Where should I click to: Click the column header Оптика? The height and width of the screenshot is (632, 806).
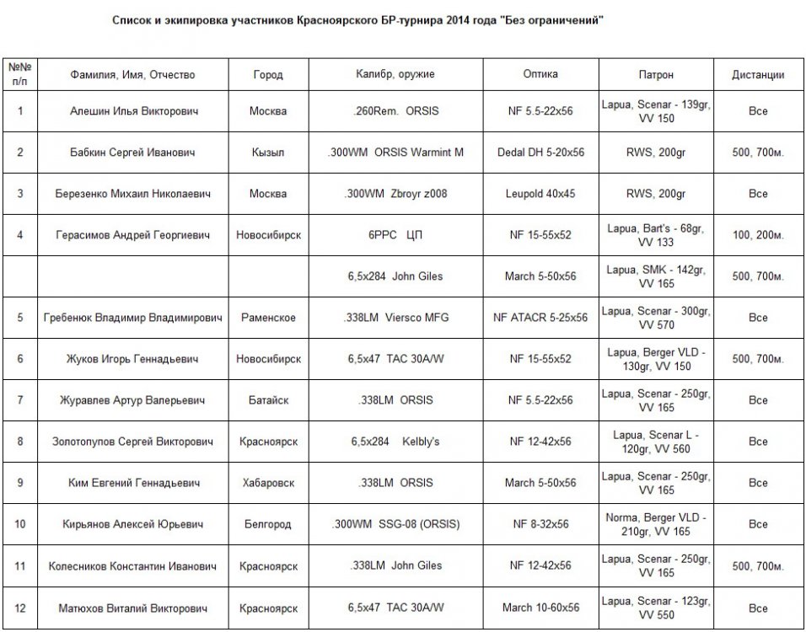click(x=540, y=74)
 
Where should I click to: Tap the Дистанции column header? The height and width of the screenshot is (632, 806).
click(x=758, y=75)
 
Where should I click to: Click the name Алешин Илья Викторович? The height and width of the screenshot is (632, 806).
click(x=132, y=111)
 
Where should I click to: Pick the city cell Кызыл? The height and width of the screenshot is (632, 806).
click(x=268, y=153)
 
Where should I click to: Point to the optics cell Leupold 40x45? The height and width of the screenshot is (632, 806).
click(x=540, y=194)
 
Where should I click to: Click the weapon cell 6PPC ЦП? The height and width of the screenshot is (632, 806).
click(x=395, y=235)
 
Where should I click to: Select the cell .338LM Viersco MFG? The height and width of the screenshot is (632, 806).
click(x=395, y=318)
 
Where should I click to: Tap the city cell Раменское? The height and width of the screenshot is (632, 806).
click(x=268, y=318)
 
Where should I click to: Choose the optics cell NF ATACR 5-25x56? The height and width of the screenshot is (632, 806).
click(x=540, y=318)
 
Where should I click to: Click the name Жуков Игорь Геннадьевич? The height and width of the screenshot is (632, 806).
click(x=132, y=359)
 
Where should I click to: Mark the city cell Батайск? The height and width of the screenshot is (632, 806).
click(x=268, y=400)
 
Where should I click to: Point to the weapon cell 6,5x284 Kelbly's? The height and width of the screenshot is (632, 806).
click(x=395, y=442)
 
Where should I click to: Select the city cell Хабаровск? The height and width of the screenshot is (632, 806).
click(x=268, y=483)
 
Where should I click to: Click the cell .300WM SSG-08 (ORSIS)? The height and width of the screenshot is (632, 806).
click(x=395, y=524)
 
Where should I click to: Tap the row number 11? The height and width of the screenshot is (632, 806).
click(x=20, y=565)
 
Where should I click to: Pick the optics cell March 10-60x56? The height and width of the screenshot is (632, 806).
click(x=540, y=607)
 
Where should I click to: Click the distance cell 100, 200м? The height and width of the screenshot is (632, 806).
click(x=758, y=235)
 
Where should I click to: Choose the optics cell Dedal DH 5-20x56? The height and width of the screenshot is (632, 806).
click(x=540, y=153)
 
